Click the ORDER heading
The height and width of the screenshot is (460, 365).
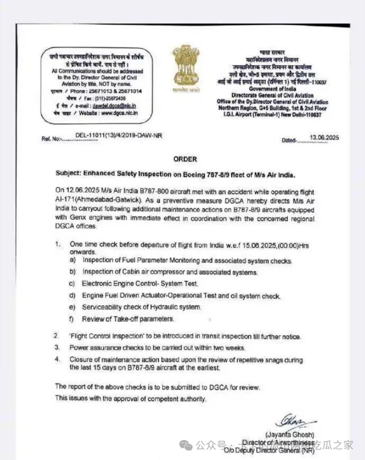pyautogui.click(x=185, y=159)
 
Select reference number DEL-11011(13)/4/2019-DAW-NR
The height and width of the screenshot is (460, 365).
pyautogui.click(x=119, y=136)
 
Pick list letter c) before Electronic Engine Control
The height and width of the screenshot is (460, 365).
pyautogui.click(x=72, y=284)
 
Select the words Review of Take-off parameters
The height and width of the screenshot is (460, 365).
pyautogui.click(x=128, y=319)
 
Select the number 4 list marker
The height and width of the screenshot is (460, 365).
pyautogui.click(x=57, y=359)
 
